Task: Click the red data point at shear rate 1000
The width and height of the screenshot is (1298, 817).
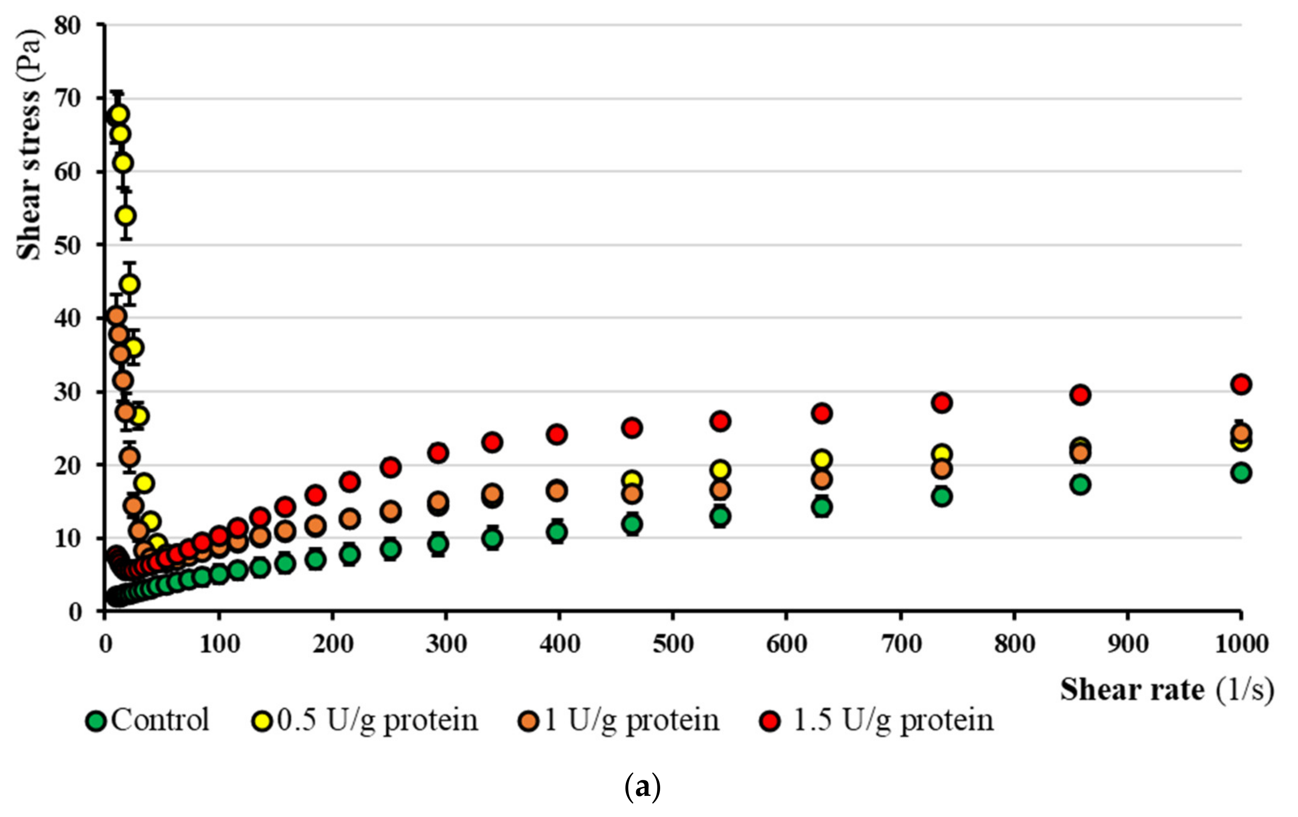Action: click(1241, 384)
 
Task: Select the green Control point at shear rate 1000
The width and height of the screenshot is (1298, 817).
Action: click(1241, 473)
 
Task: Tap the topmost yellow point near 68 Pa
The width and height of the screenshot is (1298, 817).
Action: click(119, 114)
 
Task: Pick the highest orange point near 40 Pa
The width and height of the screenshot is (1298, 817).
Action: click(117, 316)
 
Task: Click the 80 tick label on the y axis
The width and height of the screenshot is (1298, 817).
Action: click(67, 25)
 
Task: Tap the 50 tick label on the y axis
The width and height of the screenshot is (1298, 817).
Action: click(67, 245)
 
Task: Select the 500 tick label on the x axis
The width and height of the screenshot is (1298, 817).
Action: click(673, 644)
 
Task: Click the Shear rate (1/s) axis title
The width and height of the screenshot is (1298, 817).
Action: click(1167, 690)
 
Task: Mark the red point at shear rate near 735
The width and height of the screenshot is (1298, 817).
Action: click(942, 403)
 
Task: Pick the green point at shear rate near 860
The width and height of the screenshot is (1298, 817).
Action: click(1080, 484)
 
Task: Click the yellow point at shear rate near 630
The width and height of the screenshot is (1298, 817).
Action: click(822, 460)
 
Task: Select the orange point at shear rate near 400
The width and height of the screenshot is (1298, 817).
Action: click(557, 491)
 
